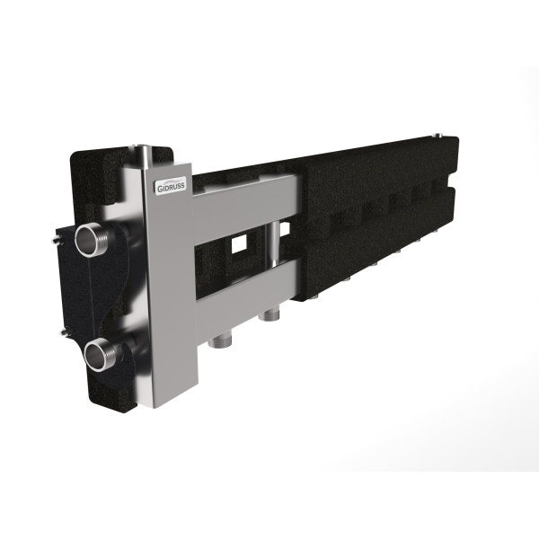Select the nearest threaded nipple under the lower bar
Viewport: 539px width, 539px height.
218,341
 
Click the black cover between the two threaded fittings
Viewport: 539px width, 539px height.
90,296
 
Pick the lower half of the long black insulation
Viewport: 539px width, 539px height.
377,238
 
